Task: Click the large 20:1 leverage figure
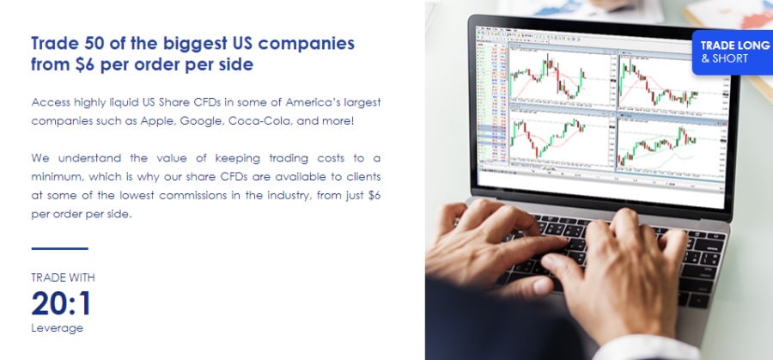pos(61,303)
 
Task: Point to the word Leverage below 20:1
pos(58,328)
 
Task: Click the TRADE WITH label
pos(63,278)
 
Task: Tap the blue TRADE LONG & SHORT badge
pos(733,52)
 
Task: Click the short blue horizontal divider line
pos(59,248)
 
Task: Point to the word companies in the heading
pos(306,45)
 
